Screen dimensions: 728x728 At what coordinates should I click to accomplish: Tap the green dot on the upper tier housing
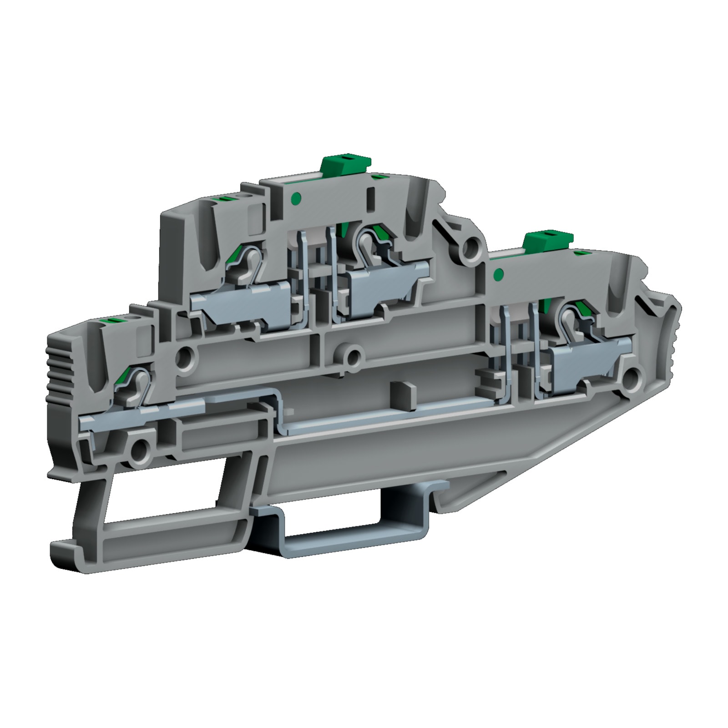click(296, 197)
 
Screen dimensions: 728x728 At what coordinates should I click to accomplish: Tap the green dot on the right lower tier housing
click(498, 274)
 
